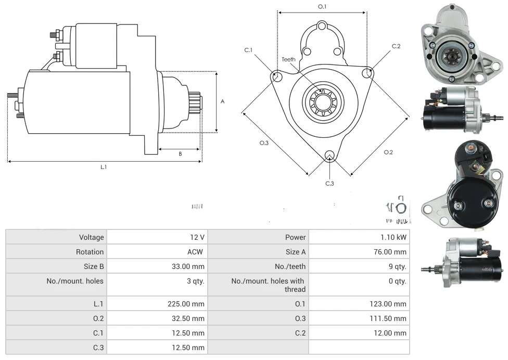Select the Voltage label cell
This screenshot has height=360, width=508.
92,237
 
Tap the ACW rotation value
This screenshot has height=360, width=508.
197,252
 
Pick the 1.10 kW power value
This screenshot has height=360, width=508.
393,237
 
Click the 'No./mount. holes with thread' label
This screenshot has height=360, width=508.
268,285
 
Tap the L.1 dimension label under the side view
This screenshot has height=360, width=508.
104,167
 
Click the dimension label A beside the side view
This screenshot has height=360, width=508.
222,101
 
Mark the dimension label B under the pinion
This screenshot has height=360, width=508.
180,153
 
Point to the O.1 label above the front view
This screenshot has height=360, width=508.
322,7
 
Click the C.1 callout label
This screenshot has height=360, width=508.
248,50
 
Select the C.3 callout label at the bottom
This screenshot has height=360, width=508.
329,183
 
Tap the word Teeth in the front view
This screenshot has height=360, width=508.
288,59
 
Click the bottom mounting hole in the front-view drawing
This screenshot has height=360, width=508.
329,156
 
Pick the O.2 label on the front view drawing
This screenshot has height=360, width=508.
388,152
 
